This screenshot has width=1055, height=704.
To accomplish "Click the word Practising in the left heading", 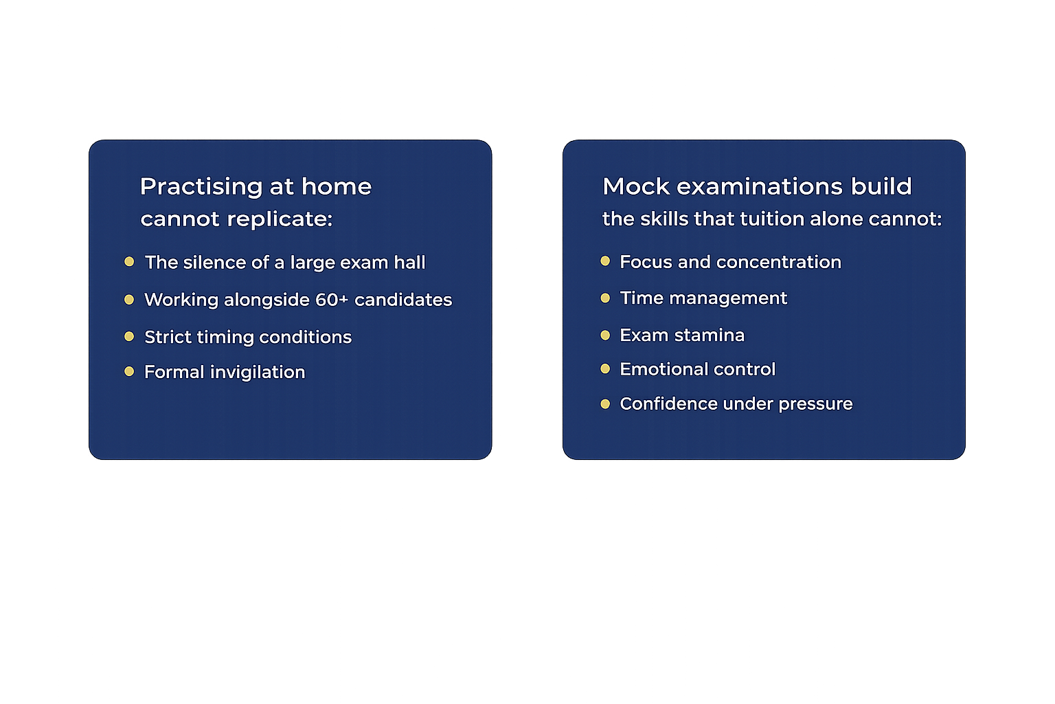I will pos(201,187).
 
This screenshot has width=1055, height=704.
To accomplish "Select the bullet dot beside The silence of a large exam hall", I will pos(129,262).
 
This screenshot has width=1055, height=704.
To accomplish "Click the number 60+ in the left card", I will pos(332,300).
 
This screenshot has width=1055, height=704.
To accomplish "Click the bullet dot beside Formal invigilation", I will pos(129,372).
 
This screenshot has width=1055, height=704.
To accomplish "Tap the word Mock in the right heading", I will pos(635,186).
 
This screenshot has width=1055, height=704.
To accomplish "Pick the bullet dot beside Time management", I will pos(605,298).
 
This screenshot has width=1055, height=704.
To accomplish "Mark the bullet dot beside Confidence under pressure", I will pos(605,404).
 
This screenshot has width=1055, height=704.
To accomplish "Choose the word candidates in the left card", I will pos(403,300).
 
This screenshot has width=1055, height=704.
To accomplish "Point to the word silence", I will pos(215,263).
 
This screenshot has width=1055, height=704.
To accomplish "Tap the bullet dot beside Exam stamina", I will pos(605,335).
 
